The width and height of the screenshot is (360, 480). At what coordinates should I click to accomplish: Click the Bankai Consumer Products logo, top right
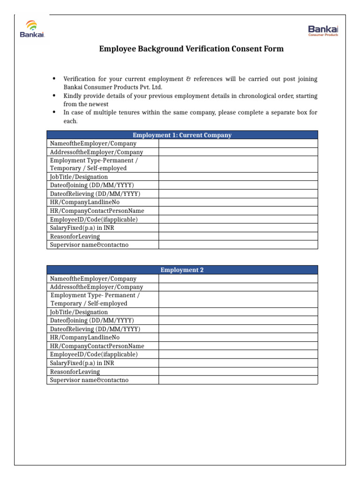pyautogui.click(x=323, y=31)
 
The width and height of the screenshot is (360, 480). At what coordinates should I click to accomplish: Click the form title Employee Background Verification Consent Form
pyautogui.click(x=191, y=49)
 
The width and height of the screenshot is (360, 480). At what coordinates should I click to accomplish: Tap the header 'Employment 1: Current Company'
pyautogui.click(x=182, y=135)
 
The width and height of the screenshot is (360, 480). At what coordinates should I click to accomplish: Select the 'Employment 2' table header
pyautogui.click(x=182, y=270)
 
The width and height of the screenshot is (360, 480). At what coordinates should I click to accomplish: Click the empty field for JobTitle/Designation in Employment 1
pyautogui.click(x=238, y=177)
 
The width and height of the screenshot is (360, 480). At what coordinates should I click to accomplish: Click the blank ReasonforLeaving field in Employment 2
pyautogui.click(x=238, y=372)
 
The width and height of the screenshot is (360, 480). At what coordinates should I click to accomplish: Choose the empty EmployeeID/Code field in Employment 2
pyautogui.click(x=238, y=354)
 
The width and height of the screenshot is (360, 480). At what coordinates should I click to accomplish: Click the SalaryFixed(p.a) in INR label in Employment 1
pyautogui.click(x=82, y=228)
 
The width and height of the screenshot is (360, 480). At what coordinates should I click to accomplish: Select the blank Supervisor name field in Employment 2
pyautogui.click(x=238, y=380)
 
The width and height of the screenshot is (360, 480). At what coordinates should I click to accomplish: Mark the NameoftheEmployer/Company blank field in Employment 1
pyautogui.click(x=238, y=143)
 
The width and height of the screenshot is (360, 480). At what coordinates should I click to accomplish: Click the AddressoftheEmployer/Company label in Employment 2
pyautogui.click(x=97, y=287)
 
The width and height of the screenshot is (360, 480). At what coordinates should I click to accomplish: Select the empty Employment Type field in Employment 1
pyautogui.click(x=238, y=164)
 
